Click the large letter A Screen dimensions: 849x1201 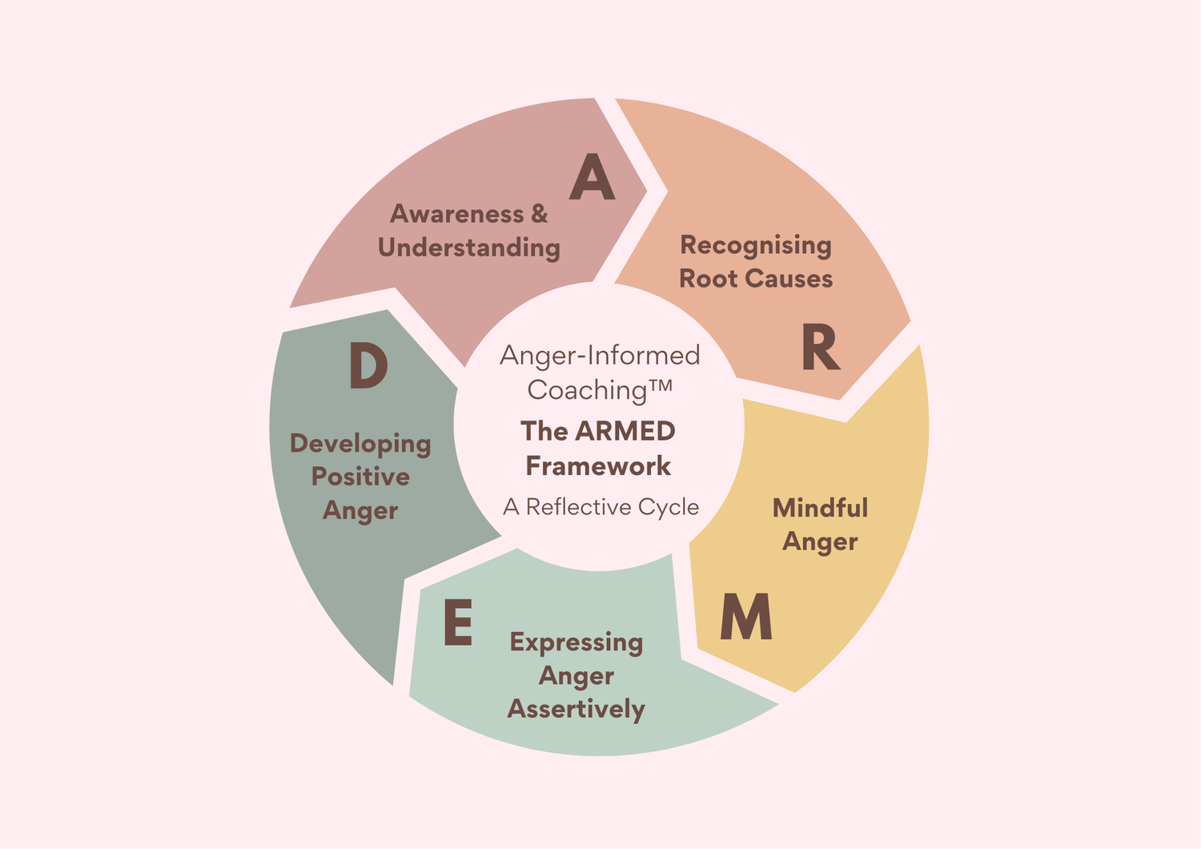pyautogui.click(x=592, y=178)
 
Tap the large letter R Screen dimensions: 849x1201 pyautogui.click(x=820, y=349)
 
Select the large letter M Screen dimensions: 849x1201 pyautogui.click(x=745, y=618)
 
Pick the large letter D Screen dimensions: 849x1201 pyautogui.click(x=368, y=367)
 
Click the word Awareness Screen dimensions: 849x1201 pyautogui.click(x=456, y=214)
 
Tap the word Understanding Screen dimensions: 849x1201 pyautogui.click(x=468, y=247)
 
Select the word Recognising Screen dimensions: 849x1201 pyautogui.click(x=756, y=245)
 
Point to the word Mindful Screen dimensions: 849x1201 pyautogui.click(x=820, y=508)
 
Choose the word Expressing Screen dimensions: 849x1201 pyautogui.click(x=576, y=642)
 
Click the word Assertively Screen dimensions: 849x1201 pyautogui.click(x=576, y=710)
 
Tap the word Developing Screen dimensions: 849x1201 pyautogui.click(x=360, y=444)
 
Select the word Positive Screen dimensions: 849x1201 pyautogui.click(x=360, y=477)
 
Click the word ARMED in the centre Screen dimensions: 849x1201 pyautogui.click(x=625, y=431)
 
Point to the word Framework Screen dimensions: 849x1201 pyautogui.click(x=598, y=465)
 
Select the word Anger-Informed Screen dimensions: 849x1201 pyautogui.click(x=600, y=355)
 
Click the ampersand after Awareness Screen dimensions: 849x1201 pyautogui.click(x=539, y=214)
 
